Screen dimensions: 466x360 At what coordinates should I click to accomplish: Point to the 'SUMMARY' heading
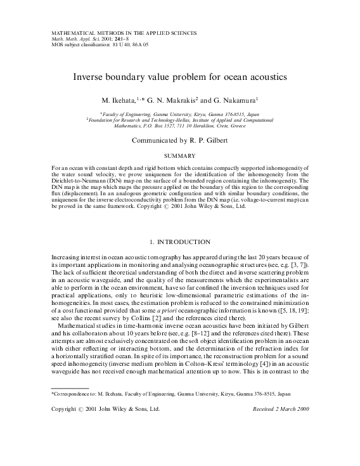179,155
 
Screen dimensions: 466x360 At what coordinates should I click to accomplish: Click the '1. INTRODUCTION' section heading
179,242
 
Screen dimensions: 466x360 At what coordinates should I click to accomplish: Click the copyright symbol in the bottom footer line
80,410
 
